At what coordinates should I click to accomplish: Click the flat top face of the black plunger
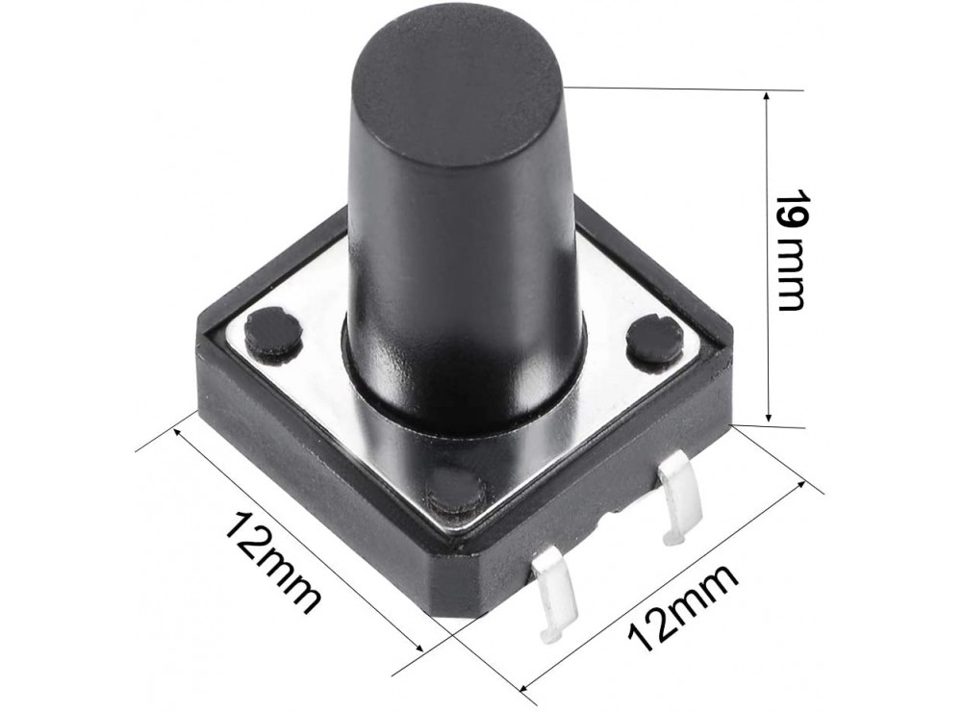tap(455, 82)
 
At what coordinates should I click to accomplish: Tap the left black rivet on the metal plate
tap(273, 331)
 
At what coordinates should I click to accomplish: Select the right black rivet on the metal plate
tap(654, 340)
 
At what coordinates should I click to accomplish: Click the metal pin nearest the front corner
tap(553, 592)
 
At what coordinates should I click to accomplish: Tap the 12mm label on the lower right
tap(683, 606)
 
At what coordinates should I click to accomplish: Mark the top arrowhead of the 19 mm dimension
tap(767, 97)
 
